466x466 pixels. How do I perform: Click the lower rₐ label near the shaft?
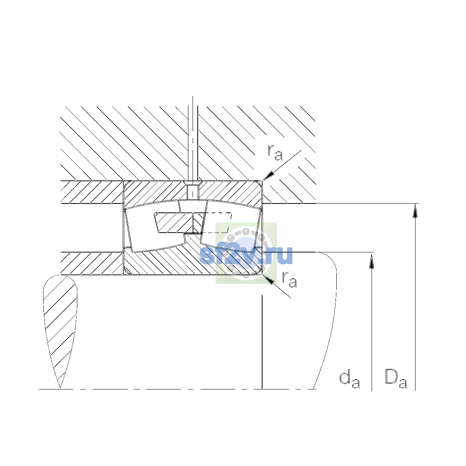click(289, 280)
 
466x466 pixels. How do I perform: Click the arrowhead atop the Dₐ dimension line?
click(415, 210)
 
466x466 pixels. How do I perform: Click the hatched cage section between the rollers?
click(174, 223)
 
